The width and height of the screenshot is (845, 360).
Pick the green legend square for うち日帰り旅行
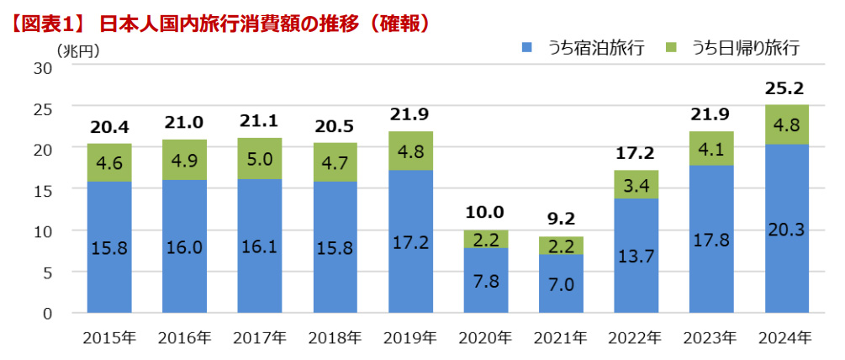tap(672, 48)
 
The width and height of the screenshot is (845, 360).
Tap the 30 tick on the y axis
tap(43, 67)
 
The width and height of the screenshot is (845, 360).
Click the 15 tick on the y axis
tap(43, 190)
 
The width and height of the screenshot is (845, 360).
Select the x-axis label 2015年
tap(108, 338)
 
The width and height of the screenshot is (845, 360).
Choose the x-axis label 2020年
tap(485, 338)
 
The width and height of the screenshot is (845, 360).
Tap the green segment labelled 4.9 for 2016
tap(183, 160)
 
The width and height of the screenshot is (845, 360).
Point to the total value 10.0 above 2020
tap(485, 214)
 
